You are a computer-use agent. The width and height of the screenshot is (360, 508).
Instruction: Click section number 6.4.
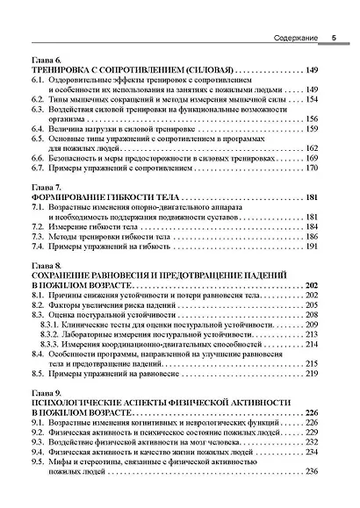tap(38, 128)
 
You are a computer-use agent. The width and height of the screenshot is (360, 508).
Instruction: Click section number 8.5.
tap(38, 374)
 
